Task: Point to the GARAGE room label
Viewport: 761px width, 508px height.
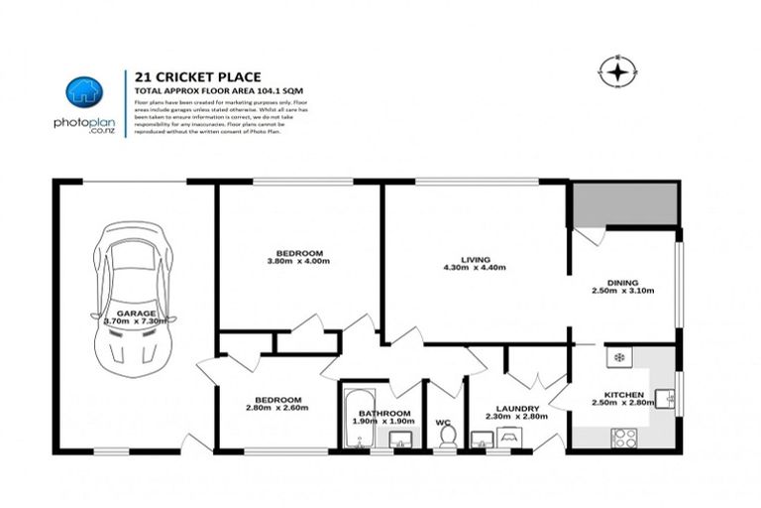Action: point(135,313)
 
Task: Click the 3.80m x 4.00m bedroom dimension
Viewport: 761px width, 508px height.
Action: point(298,261)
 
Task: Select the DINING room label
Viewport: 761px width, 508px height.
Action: point(622,283)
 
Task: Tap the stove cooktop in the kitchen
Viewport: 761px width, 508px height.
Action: point(624,436)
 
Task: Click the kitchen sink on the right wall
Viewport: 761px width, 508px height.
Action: point(670,400)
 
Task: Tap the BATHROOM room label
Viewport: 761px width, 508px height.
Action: point(383,413)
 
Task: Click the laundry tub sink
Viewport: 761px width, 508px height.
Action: point(483,441)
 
